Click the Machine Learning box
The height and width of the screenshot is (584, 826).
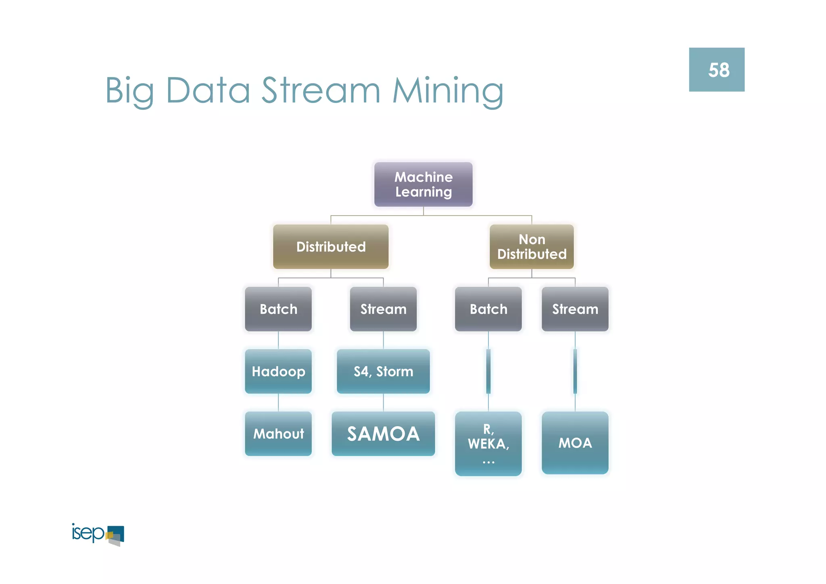click(423, 184)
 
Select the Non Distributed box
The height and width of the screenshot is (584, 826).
click(532, 247)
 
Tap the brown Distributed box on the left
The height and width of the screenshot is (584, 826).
click(331, 247)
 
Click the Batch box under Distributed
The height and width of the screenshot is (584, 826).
click(278, 309)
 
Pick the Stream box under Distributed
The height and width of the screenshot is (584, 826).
click(383, 309)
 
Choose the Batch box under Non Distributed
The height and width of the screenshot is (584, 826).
click(488, 309)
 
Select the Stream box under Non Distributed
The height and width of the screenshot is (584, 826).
click(575, 309)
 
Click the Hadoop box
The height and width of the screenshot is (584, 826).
click(278, 371)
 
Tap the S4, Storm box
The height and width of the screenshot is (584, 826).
click(383, 371)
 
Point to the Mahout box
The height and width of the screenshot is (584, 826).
click(278, 434)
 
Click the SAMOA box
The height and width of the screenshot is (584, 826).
click(383, 434)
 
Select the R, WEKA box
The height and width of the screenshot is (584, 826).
click(488, 444)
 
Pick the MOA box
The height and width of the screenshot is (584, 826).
click(575, 443)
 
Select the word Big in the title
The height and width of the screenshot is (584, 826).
click(129, 91)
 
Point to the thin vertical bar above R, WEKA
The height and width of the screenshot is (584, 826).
click(488, 371)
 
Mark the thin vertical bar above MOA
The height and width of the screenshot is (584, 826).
click(575, 371)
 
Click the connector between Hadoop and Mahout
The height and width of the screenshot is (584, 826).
click(278, 402)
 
